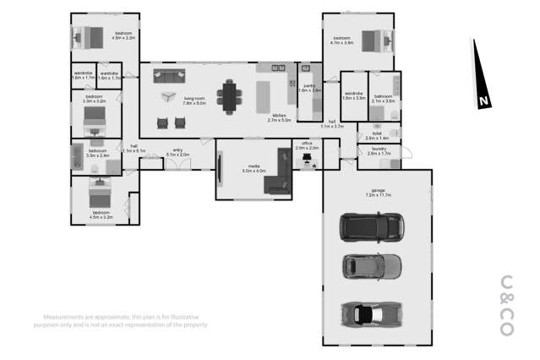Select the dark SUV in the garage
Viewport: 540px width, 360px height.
[371, 226]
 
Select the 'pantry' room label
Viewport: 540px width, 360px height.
[310, 85]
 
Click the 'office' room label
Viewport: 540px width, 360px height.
[307, 144]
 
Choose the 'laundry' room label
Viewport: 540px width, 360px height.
[378, 150]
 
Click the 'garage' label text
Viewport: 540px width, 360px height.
[377, 190]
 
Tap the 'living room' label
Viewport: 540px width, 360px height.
[195, 99]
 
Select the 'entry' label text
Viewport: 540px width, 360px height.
[177, 150]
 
